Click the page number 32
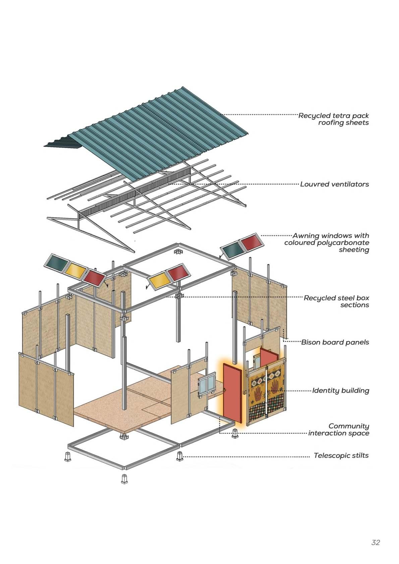pos(376,542)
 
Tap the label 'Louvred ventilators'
pos(334,184)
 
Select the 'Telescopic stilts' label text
pos(341,455)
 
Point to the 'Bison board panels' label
pos(335,342)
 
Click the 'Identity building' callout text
pos(340,390)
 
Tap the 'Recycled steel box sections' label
pos(336,301)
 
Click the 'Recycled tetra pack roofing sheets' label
pos(334,119)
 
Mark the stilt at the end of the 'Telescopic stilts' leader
pos(180,456)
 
